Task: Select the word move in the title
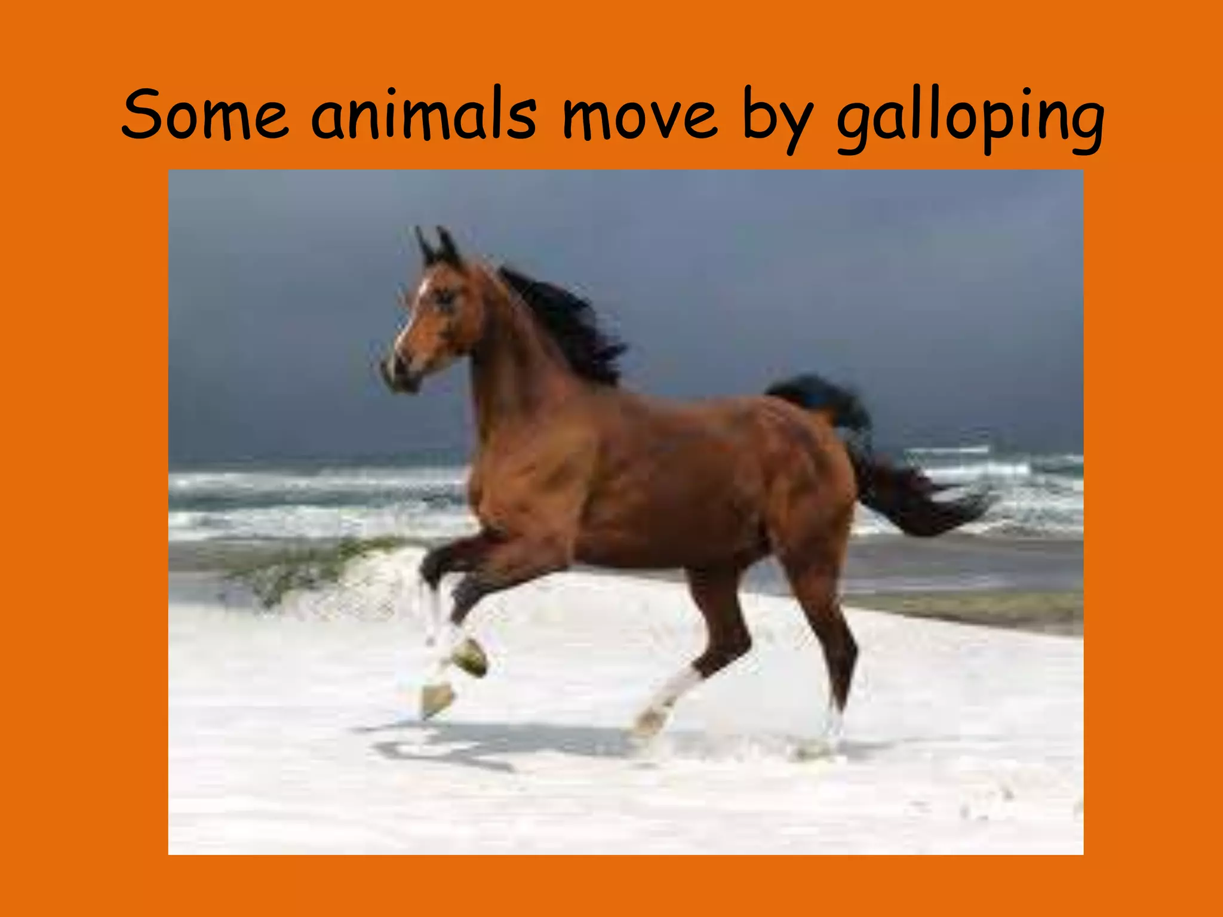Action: pyautogui.click(x=639, y=115)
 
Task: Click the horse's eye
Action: pyautogui.click(x=445, y=297)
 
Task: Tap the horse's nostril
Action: pyautogui.click(x=391, y=364)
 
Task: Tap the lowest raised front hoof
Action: pyautogui.click(x=437, y=698)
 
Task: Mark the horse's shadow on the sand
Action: pyautogui.click(x=478, y=743)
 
